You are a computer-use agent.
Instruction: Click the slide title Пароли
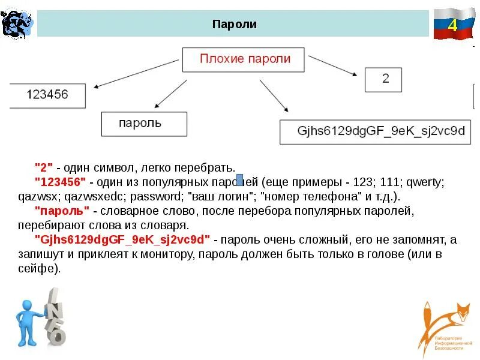pos(235,25)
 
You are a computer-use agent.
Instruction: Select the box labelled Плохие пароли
pos(244,59)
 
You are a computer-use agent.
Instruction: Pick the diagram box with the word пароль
pos(144,124)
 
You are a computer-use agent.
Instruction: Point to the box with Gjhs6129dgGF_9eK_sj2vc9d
pos(381,132)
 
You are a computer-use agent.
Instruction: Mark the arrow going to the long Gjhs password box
pos(274,94)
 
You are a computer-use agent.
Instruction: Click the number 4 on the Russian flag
pos(452,25)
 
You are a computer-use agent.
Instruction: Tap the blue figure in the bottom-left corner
pos(29,321)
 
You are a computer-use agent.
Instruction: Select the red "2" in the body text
pos(44,166)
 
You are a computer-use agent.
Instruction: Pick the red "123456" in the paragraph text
pos(61,181)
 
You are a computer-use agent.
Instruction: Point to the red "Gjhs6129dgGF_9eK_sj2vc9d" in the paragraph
pos(123,240)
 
